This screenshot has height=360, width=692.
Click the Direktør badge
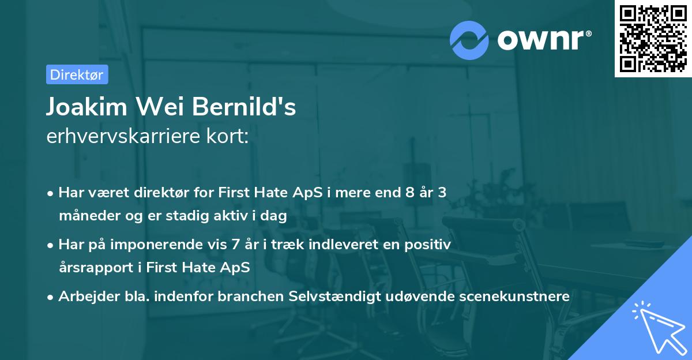[77, 74]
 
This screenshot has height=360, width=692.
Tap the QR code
[653, 39]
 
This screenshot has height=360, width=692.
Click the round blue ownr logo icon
[469, 40]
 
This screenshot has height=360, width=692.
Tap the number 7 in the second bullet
[238, 245]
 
